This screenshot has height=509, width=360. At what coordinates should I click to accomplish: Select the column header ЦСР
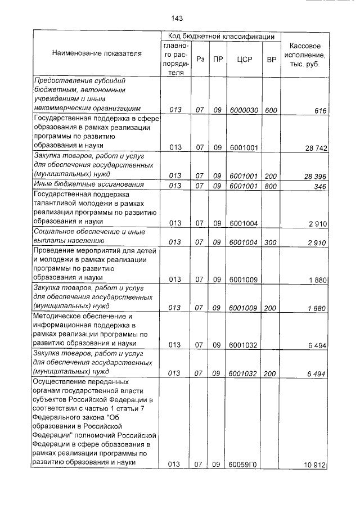243,58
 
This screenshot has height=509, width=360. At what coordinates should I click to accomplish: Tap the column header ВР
271,58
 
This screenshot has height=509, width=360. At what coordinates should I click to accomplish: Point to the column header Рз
200,58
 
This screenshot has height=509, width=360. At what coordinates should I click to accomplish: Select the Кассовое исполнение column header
304,55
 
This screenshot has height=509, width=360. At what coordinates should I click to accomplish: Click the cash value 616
320,110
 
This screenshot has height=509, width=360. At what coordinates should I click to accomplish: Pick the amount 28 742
316,148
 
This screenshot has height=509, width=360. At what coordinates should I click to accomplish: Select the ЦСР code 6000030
244,110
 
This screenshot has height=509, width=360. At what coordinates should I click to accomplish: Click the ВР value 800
271,186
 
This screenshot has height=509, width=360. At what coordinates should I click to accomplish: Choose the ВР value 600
271,110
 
